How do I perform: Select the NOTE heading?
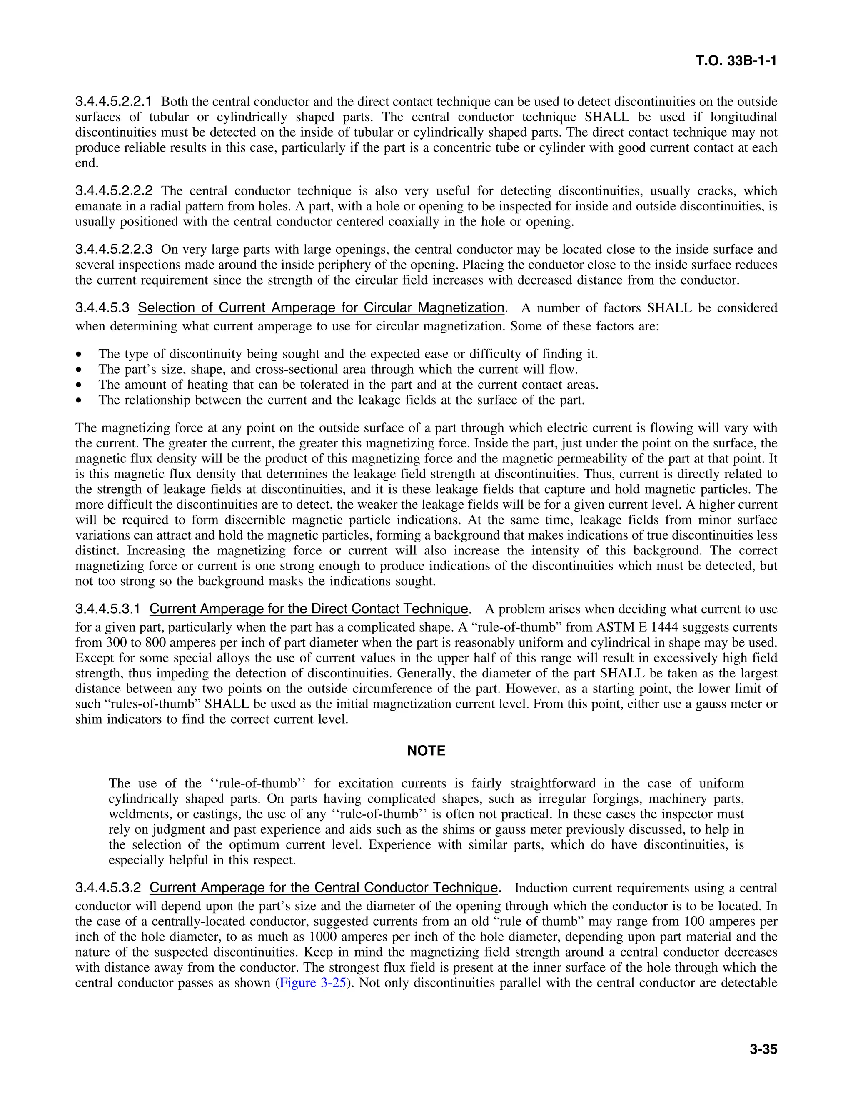[426, 751]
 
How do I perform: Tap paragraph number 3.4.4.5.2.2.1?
[114, 102]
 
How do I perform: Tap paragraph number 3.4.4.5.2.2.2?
[114, 191]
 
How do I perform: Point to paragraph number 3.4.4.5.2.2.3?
[114, 249]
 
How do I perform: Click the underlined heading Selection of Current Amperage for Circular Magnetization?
[321, 308]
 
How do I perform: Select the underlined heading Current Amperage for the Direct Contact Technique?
[309, 609]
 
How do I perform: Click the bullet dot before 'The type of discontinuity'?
[78, 355]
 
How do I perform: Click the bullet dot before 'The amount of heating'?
[78, 385]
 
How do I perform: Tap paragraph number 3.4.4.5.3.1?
[107, 609]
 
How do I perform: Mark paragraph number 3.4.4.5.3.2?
[107, 888]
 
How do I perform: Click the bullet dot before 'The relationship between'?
[78, 400]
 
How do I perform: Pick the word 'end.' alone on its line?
[86, 163]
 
